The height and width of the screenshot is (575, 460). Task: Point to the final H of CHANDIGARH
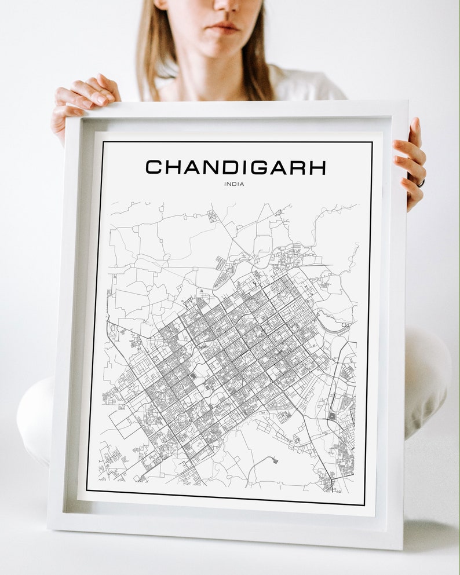pos(316,167)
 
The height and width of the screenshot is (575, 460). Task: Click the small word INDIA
pos(234,185)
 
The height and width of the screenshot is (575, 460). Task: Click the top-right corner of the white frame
pos(407,101)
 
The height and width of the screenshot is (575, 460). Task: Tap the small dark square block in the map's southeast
pos(332,416)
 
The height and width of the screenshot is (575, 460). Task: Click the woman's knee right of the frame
pos(429,371)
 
